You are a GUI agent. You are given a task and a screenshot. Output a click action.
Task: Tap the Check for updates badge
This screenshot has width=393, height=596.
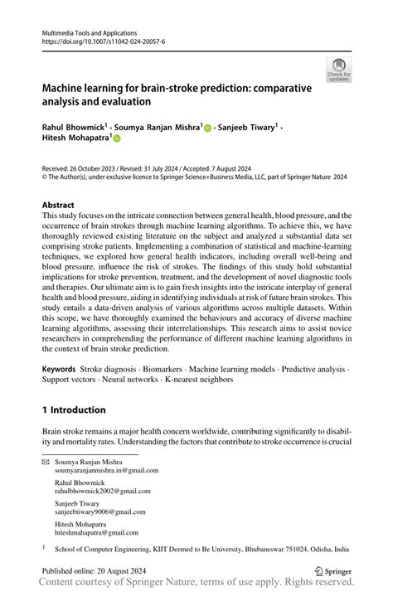pyautogui.click(x=338, y=70)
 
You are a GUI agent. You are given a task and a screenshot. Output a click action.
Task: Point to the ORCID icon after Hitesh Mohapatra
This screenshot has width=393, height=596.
pyautogui.click(x=119, y=139)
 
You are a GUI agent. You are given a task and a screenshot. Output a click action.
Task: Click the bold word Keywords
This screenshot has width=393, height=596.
pyautogui.click(x=61, y=366)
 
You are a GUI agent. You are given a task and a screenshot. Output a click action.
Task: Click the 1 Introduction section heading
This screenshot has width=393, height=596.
pyautogui.click(x=74, y=409)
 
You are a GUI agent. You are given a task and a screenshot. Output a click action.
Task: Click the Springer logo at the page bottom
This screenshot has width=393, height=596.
pyautogui.click(x=334, y=571)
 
